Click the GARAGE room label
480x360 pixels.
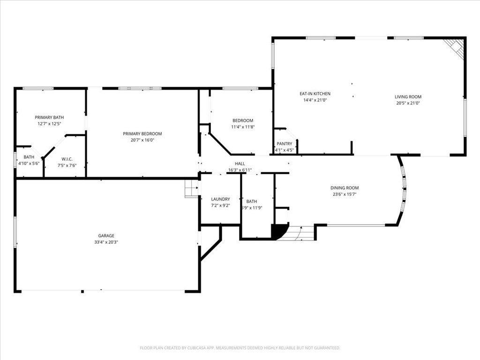point(106,236)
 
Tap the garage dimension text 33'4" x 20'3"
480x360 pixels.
point(106,242)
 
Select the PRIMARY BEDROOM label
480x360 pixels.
point(142,134)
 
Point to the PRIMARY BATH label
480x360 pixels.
point(49,117)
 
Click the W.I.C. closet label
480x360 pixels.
point(67,159)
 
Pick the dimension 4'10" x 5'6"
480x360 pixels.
point(29,164)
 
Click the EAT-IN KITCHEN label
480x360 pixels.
point(315,94)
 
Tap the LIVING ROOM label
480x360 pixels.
point(408,97)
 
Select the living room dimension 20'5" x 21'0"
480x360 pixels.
point(408,103)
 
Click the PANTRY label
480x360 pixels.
point(285,144)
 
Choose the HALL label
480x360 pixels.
point(240,164)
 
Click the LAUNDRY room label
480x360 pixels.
point(220,199)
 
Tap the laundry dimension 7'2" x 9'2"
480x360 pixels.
point(220,205)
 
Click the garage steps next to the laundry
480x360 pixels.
point(191,189)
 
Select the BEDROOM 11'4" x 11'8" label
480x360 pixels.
point(242,120)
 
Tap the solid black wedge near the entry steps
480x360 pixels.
point(278,231)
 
